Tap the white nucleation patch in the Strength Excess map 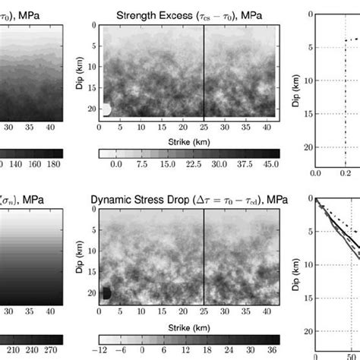[106, 109]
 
